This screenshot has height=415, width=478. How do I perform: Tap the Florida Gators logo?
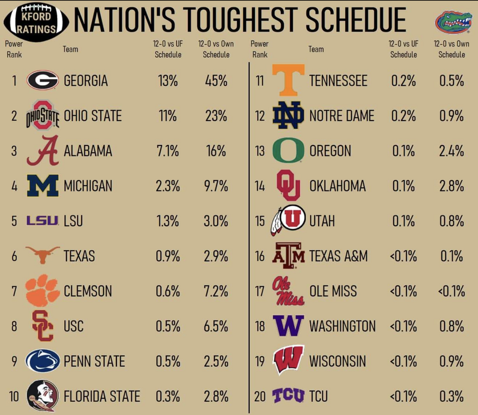(453, 22)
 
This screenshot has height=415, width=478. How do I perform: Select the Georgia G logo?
(43, 81)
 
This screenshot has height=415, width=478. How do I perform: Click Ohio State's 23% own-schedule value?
(216, 116)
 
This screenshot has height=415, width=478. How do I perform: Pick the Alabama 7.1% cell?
(167, 151)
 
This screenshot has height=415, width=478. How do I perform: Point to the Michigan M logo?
(43, 186)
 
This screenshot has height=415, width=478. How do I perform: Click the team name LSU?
(73, 221)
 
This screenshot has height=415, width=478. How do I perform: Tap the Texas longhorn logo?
(43, 255)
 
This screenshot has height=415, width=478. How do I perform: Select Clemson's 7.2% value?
(216, 291)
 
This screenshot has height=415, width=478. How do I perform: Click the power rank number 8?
(14, 326)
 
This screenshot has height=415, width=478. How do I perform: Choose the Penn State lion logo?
(43, 361)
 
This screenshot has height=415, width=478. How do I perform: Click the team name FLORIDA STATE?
(102, 397)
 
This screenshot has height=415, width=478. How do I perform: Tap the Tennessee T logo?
(288, 80)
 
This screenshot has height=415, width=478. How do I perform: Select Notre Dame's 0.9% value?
(451, 116)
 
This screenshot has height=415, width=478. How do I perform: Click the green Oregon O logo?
(288, 151)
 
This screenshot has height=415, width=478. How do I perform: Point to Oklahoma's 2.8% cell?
(451, 186)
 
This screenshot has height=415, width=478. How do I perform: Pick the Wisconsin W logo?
(288, 361)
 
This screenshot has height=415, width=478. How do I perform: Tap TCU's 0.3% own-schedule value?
(451, 397)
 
